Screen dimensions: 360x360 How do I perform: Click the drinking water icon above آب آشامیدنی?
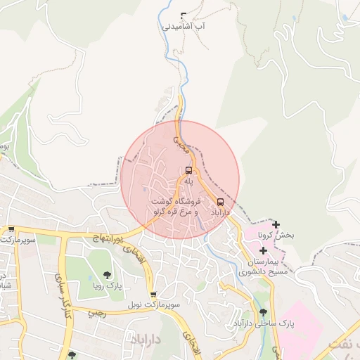[184, 15]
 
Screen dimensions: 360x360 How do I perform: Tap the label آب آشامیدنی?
[184, 27]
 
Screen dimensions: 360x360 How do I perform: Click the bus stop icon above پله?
[188, 170]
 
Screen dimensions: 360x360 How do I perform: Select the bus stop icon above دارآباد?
[221, 202]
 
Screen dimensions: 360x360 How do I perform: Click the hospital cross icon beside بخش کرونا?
[276, 225]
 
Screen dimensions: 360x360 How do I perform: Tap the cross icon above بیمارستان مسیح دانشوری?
[263, 251]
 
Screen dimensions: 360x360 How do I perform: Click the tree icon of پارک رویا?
[107, 275]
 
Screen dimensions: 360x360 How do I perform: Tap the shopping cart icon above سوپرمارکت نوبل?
[153, 295]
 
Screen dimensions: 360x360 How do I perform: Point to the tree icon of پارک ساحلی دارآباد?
[263, 312]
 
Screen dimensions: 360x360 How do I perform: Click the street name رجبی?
[98, 314]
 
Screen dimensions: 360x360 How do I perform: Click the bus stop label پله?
[188, 181]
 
